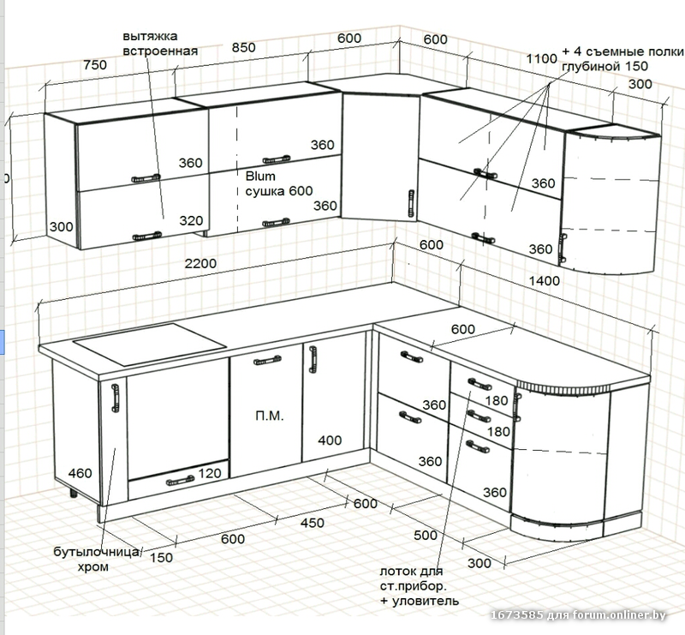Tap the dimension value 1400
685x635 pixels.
tap(544, 280)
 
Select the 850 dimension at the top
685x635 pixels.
tap(243, 48)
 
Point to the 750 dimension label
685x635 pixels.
tap(94, 65)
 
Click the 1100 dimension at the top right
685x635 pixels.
tap(542, 58)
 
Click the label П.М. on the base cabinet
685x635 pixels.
tap(269, 416)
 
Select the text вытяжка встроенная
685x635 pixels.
tap(160, 44)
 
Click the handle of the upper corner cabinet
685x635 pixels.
tap(410, 202)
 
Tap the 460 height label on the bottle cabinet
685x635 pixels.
tap(80, 473)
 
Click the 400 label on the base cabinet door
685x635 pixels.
tap(330, 441)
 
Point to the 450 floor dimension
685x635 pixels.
tap(312, 523)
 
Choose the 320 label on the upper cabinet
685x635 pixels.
tap(191, 220)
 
